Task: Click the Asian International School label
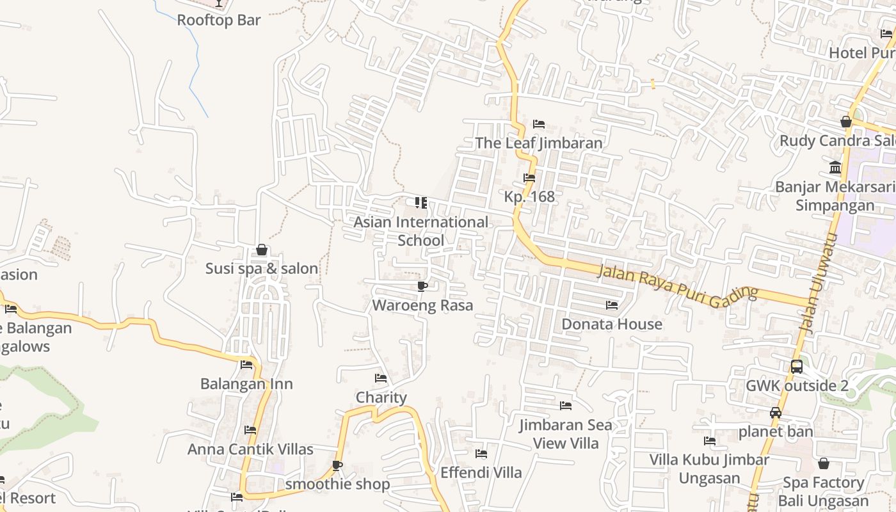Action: pyautogui.click(x=420, y=231)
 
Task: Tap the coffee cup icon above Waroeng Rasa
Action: pyautogui.click(x=422, y=286)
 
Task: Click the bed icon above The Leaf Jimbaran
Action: pyautogui.click(x=539, y=124)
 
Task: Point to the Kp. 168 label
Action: pyautogui.click(x=529, y=196)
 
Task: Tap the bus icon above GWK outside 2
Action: pyautogui.click(x=797, y=367)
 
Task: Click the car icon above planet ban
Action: pyautogui.click(x=776, y=413)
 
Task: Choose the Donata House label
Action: pyautogui.click(x=612, y=324)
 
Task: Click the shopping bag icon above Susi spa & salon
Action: pyautogui.click(x=262, y=250)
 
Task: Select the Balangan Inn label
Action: pyautogui.click(x=246, y=384)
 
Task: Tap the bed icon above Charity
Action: pyautogui.click(x=381, y=378)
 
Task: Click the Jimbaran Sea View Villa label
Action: pyautogui.click(x=565, y=434)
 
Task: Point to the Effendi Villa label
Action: pyautogui.click(x=481, y=473)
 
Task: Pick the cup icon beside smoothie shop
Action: pyautogui.click(x=337, y=465)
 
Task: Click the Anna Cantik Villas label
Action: pyautogui.click(x=250, y=449)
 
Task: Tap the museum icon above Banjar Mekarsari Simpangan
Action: pyautogui.click(x=835, y=168)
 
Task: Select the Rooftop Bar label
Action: pyautogui.click(x=219, y=20)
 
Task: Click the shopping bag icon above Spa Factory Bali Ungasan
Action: pyautogui.click(x=824, y=463)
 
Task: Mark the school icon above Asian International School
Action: pyautogui.click(x=420, y=203)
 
